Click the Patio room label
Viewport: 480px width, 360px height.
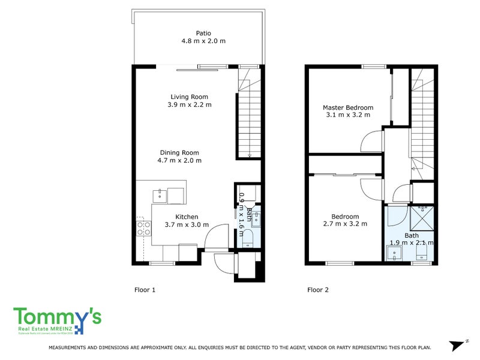[203, 34]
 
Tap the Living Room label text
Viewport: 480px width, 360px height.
[189, 97]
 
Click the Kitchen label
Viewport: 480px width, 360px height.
[187, 217]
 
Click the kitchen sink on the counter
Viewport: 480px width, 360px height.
[160, 194]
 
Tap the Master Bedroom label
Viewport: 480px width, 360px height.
[349, 107]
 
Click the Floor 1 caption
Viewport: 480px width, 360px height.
[145, 290]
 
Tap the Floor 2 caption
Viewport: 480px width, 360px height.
[318, 290]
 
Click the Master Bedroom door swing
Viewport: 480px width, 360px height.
[371, 142]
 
